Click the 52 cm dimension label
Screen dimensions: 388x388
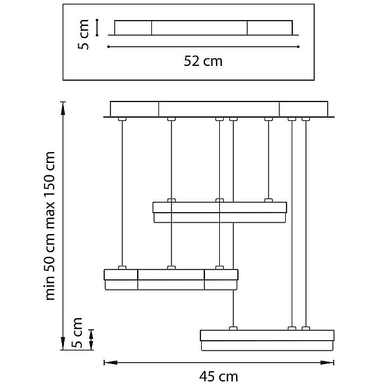[203, 61]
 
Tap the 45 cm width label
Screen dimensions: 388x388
[219, 377]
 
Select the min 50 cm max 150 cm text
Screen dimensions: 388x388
[50, 226]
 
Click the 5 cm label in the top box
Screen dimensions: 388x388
[83, 34]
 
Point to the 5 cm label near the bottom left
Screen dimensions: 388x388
[77, 332]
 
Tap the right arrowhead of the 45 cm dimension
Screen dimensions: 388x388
[327, 363]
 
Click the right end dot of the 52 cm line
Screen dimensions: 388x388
[298, 47]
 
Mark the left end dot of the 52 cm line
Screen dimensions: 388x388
[109, 47]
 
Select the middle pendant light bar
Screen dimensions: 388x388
[220, 212]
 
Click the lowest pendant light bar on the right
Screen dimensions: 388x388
[267, 340]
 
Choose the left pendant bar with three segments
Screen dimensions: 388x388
[171, 279]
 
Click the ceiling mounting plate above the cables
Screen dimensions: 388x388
[219, 109]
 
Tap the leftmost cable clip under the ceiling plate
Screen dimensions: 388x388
[122, 119]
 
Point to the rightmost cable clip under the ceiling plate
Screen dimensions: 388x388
[306, 119]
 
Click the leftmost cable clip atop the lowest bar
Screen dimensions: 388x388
[233, 329]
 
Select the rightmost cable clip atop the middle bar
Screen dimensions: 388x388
[268, 200]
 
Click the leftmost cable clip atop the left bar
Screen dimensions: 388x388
[122, 268]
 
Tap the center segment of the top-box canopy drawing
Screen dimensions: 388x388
[199, 28]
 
